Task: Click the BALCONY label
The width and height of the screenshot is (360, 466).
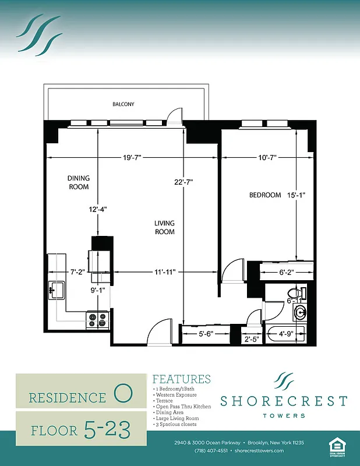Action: [x=123, y=104]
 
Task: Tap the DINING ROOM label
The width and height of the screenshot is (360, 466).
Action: [x=78, y=183]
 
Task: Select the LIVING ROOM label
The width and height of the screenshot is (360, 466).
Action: [x=164, y=227]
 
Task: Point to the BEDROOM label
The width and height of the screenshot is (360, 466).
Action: [x=265, y=195]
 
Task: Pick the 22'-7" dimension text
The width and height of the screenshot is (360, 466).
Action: [x=183, y=182]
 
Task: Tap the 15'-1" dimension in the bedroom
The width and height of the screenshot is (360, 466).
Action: [x=297, y=195]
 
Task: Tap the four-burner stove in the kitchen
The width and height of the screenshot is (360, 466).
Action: [x=98, y=319]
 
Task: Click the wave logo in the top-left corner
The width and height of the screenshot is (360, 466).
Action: [x=39, y=34]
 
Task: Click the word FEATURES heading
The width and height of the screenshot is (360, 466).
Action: [x=181, y=379]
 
